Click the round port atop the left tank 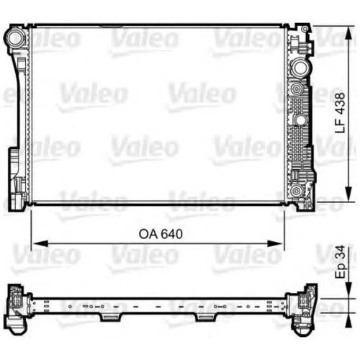pos(15,35)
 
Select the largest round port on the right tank pos(298,69)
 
